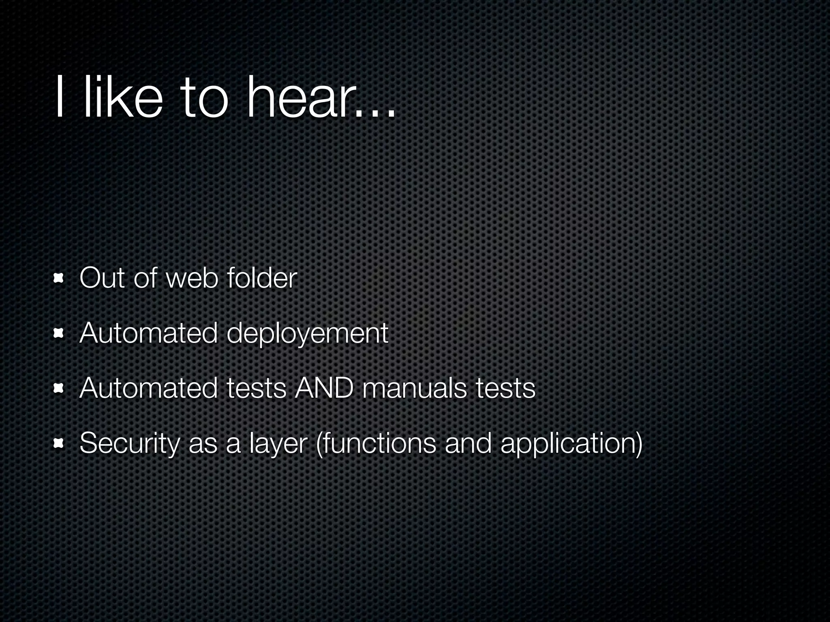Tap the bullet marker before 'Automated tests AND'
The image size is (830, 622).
point(60,389)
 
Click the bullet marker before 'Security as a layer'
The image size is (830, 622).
point(60,444)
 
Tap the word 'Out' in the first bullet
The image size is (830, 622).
point(102,278)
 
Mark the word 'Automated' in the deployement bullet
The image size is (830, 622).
point(148,333)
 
